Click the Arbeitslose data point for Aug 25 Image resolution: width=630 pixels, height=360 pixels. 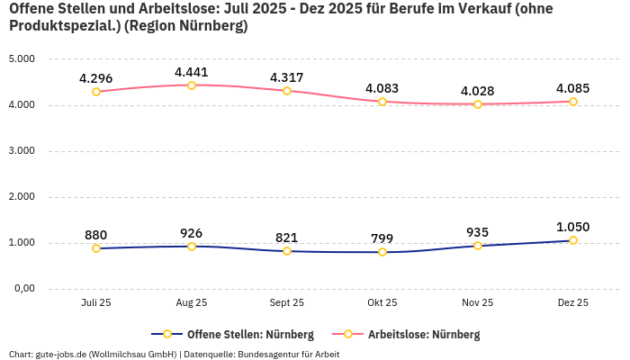192,85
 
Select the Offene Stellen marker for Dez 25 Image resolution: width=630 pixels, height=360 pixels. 573,240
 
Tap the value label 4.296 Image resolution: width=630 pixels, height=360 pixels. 96,78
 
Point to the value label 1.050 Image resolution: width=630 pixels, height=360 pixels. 573,227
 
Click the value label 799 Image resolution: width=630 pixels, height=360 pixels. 382,238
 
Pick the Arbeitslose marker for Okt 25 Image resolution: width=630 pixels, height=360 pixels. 382,102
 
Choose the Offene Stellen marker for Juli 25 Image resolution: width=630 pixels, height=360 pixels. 96,248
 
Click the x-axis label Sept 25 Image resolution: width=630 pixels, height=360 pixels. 287,303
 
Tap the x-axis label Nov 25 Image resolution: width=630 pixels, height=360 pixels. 478,303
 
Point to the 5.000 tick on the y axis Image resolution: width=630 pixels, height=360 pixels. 21,59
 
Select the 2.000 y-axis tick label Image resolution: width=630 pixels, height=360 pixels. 21,197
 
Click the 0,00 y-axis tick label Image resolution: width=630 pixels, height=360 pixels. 22,289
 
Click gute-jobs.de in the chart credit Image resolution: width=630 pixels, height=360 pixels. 60,355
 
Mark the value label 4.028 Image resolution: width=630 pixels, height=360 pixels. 478,91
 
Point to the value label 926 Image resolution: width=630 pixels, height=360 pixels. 192,233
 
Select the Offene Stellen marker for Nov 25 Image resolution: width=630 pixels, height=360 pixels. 478,246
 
